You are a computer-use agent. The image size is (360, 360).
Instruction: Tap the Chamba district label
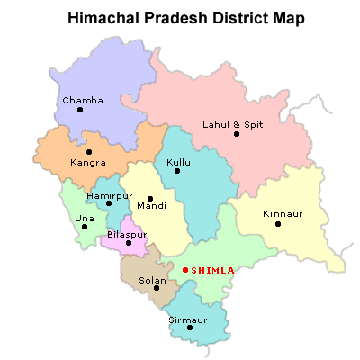point(82,100)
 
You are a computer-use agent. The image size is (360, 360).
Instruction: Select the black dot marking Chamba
point(80,110)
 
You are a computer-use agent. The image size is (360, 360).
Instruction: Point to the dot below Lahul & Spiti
point(237,134)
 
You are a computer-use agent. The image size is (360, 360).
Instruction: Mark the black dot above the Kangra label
point(89,152)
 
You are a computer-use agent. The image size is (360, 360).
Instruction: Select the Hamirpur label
point(109,194)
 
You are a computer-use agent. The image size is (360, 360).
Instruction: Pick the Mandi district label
point(151,206)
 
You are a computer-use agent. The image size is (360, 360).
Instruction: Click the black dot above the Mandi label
point(150,197)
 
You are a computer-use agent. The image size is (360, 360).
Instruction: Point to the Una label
point(85,218)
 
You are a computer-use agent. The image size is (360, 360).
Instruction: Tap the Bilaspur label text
point(126,234)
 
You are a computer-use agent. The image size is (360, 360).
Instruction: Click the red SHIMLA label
point(213,270)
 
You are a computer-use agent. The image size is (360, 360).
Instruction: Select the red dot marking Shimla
point(185,270)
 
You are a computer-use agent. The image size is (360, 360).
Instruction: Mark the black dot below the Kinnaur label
point(278,224)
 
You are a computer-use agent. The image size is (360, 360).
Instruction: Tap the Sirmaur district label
point(187,319)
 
